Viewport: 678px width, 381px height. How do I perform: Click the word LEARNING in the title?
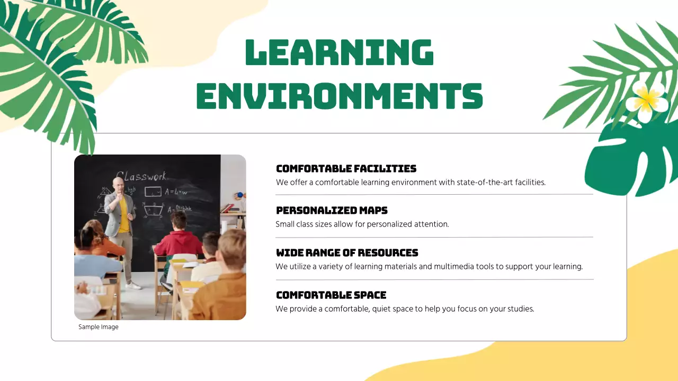click(x=340, y=52)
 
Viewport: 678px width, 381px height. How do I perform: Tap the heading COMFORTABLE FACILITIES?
click(x=346, y=169)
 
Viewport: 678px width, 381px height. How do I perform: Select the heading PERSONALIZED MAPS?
click(x=332, y=211)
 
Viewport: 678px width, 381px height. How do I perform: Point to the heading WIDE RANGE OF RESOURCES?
click(x=347, y=253)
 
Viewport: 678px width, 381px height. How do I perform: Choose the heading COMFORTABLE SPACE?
click(x=331, y=295)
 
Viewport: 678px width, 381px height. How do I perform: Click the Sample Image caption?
click(x=99, y=327)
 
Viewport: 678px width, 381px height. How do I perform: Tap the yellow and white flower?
click(x=647, y=98)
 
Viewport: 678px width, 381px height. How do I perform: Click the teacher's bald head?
click(x=118, y=183)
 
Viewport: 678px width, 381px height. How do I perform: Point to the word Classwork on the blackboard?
click(x=141, y=176)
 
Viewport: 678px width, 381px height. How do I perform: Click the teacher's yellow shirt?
click(x=123, y=214)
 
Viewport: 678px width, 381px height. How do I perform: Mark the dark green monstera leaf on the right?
click(x=630, y=159)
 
